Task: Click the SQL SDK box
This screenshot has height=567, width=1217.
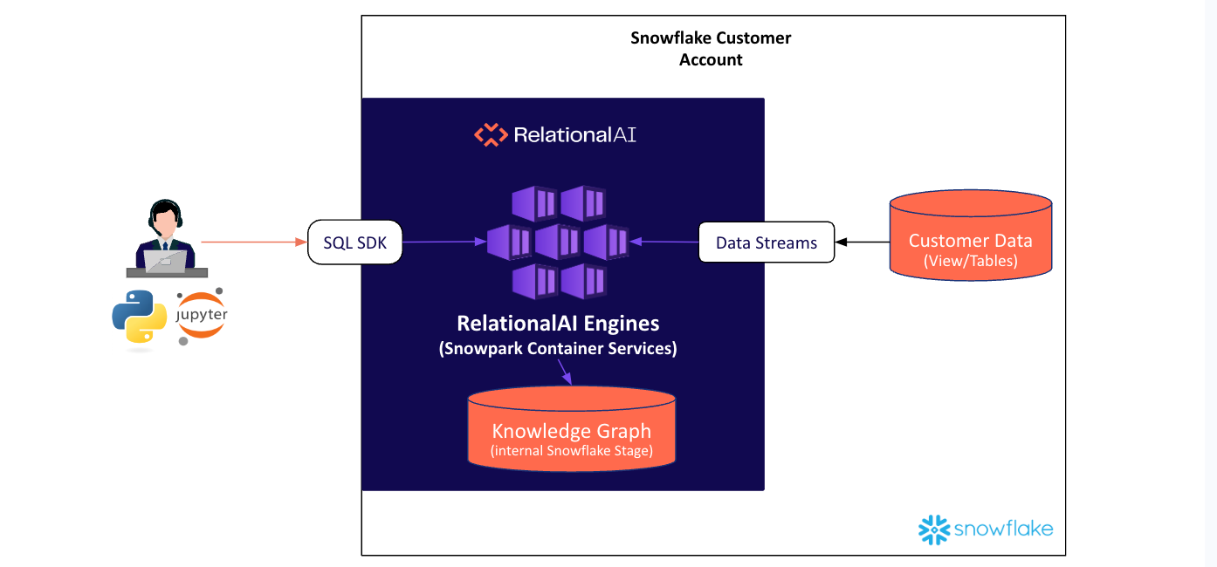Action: [354, 243]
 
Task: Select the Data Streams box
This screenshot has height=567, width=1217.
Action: [766, 243]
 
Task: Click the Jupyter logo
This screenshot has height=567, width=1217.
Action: [202, 316]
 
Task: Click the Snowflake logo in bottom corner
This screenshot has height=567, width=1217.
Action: [986, 529]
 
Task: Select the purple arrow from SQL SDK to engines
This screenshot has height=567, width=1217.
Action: [443, 242]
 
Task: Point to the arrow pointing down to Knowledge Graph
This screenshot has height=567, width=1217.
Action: [565, 372]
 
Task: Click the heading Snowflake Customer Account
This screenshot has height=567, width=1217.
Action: [711, 49]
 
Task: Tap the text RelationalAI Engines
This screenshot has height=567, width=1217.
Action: [558, 324]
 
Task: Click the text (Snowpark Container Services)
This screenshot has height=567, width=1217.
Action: [558, 348]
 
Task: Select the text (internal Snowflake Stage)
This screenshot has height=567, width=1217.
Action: [571, 451]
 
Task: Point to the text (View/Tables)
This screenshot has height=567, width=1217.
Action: [970, 260]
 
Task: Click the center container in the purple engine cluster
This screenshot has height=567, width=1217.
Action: [558, 242]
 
